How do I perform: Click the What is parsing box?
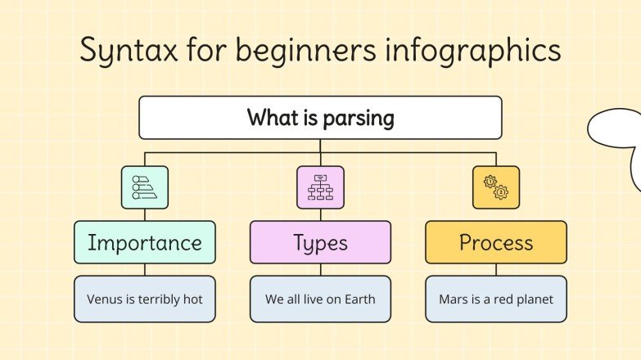(320, 118)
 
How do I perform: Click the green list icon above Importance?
(145, 187)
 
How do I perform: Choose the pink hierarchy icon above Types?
(320, 187)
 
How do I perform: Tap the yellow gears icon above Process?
(495, 187)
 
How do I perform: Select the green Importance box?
(145, 242)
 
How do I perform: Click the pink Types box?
(320, 242)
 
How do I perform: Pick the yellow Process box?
(495, 242)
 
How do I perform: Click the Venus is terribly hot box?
(145, 299)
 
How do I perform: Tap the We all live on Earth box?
(320, 299)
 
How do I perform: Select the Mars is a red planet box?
(495, 299)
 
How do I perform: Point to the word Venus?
(105, 299)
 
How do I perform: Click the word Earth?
(358, 299)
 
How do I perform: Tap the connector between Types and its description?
(320, 269)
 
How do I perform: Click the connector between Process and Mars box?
(495, 269)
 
